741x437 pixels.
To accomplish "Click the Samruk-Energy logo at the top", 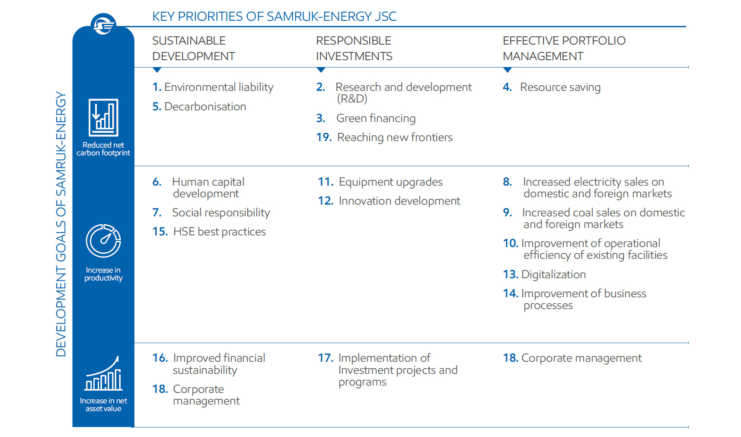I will pos(103,24).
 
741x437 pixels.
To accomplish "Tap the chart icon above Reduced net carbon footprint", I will pos(103,117).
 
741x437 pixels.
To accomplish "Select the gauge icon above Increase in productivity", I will pos(103,241).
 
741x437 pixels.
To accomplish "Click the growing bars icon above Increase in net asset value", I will pos(103,373).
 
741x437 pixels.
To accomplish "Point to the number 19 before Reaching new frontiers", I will pos(323,138).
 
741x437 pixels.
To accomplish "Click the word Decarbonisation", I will pos(205,107).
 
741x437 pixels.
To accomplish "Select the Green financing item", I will pos(376,119).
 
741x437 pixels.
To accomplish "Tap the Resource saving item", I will pos(560,87).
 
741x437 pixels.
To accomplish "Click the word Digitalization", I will pos(553,275).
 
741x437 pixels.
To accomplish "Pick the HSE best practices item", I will pos(219,232).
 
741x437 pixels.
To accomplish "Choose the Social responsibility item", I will pos(220,213).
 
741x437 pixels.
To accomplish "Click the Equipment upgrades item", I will pos(390,182).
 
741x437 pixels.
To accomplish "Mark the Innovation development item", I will pos(399,201).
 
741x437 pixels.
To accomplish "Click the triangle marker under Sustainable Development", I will pos(157,70).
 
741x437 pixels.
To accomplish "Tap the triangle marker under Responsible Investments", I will pos(321,70).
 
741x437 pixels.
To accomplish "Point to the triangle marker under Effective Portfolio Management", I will pos(508,70).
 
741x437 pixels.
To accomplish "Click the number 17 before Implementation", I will pos(325,358).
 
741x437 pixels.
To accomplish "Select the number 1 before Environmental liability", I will pos(156,87).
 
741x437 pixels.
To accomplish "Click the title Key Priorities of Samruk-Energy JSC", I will pos(274,16).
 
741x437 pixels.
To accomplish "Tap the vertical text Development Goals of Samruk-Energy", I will pos(61,224).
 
